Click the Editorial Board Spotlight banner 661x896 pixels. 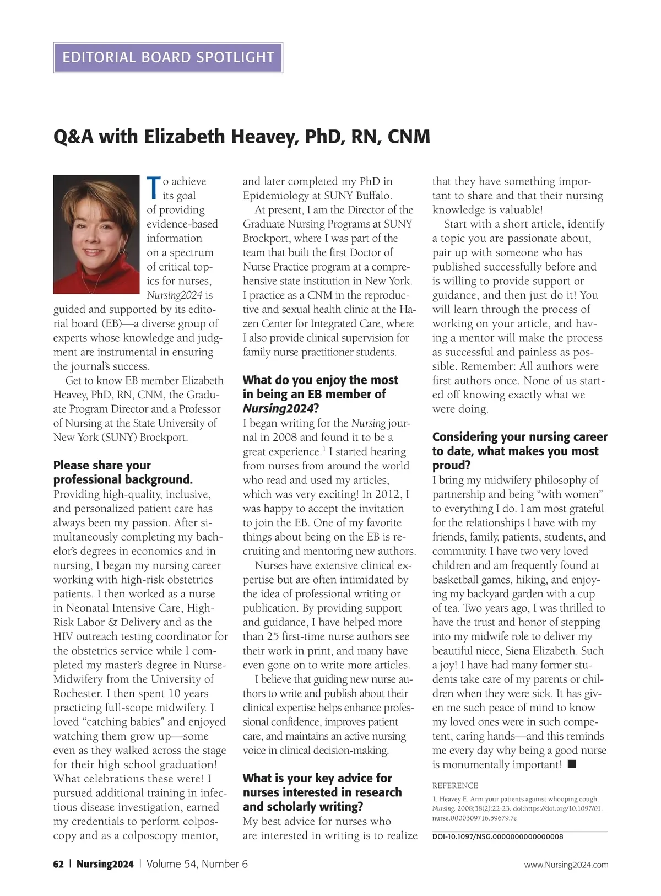168,57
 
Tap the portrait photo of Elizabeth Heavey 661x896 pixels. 96,234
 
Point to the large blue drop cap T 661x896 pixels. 154,188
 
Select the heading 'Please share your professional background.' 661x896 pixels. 123,472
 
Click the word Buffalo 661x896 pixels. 373,196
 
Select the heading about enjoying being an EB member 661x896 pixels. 320,394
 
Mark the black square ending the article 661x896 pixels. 572,764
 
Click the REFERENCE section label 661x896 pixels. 455,785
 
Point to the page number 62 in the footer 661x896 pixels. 58,864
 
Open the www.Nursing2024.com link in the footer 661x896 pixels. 566,865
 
